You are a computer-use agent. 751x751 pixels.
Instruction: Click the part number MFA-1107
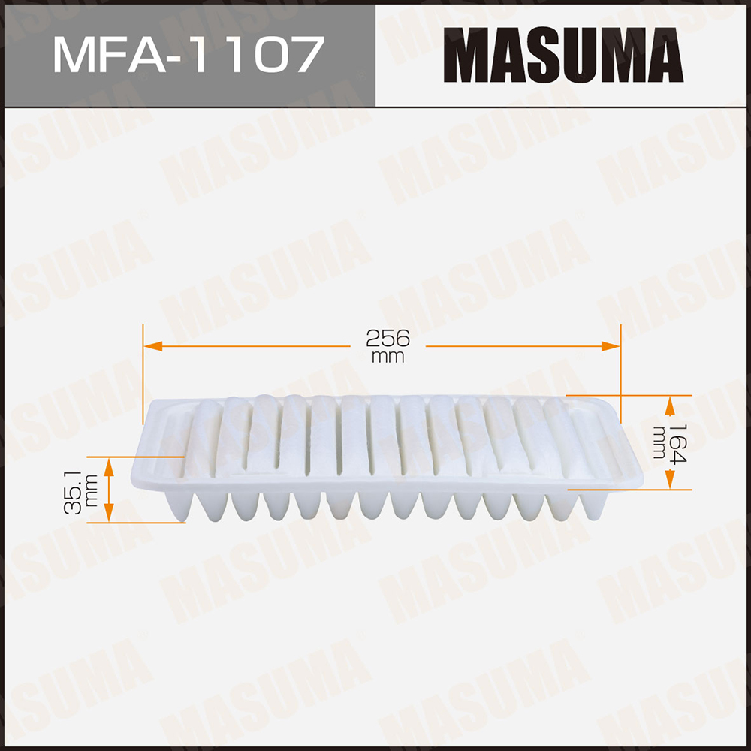pos(189,54)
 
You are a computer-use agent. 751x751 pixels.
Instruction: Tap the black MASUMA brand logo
pos(563,55)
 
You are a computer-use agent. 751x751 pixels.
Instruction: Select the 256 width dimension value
pos(388,339)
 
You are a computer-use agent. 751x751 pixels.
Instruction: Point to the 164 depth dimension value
pos(677,444)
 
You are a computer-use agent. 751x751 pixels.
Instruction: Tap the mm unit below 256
pos(388,357)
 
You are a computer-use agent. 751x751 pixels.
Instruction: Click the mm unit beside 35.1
pos(92,491)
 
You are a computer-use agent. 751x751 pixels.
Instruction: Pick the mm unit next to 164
pos(659,442)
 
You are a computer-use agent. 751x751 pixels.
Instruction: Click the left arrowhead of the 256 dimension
pos(153,346)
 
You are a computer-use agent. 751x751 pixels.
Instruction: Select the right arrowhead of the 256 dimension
pos(611,346)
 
